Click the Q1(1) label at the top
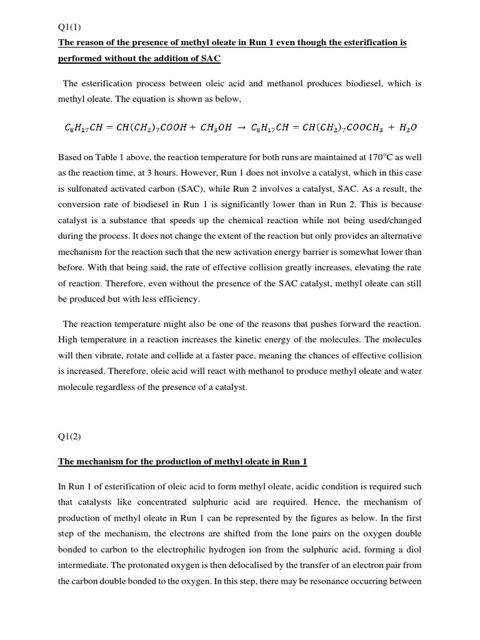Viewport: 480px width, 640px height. pos(70,26)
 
